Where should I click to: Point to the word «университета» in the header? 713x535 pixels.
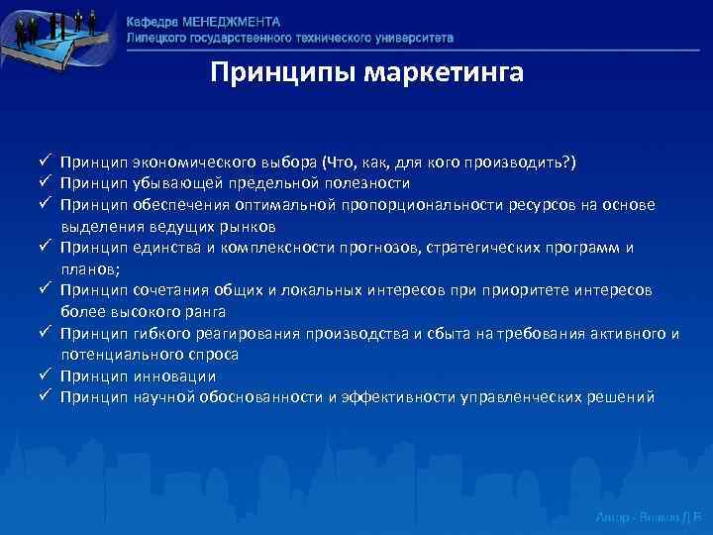click(x=413, y=37)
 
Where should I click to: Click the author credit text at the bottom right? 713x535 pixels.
click(x=648, y=517)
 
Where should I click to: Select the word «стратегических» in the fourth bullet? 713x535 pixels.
click(x=480, y=248)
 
